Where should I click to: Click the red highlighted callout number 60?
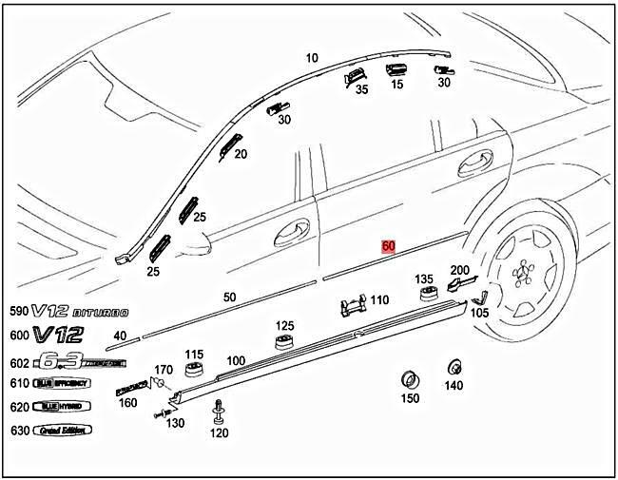[388, 245]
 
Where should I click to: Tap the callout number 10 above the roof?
[311, 59]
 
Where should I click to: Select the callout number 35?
[361, 90]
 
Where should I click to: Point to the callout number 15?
[396, 84]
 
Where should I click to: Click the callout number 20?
[241, 154]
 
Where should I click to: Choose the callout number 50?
[229, 298]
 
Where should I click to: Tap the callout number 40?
[120, 336]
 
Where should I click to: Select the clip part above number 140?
[454, 366]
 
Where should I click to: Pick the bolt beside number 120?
[220, 413]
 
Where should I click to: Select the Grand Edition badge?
[64, 430]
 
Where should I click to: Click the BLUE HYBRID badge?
[59, 406]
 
